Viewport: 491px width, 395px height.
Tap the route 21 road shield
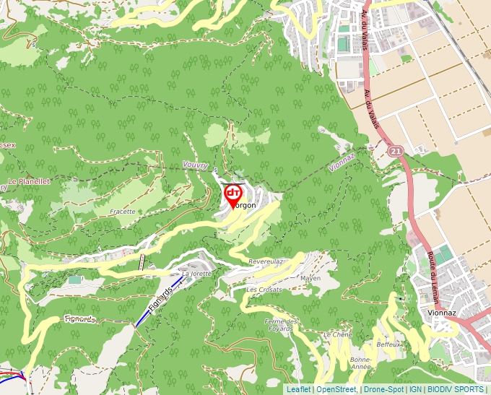pyautogui.click(x=395, y=151)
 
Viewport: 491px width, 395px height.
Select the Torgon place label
pyautogui.click(x=244, y=206)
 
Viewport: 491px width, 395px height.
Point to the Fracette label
pyautogui.click(x=123, y=212)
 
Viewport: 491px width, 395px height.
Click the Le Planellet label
pyautogui.click(x=29, y=181)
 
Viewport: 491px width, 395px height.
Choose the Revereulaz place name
pyautogui.click(x=266, y=261)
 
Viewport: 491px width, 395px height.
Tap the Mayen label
pyautogui.click(x=310, y=278)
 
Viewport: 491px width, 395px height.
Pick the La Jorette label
pyautogui.click(x=197, y=274)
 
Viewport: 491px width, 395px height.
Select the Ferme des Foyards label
pyautogui.click(x=282, y=324)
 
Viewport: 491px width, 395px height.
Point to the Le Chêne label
pyautogui.click(x=337, y=335)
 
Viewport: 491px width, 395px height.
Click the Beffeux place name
pyautogui.click(x=388, y=344)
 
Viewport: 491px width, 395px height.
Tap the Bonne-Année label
pyautogui.click(x=360, y=363)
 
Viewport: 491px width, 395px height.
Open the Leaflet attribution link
pyautogui.click(x=298, y=389)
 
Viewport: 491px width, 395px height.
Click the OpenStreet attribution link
pyautogui.click(x=336, y=389)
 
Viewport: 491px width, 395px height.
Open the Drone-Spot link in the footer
pyautogui.click(x=383, y=389)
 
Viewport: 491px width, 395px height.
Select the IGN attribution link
pyautogui.click(x=415, y=389)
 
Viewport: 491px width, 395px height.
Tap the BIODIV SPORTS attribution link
pyautogui.click(x=455, y=389)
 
